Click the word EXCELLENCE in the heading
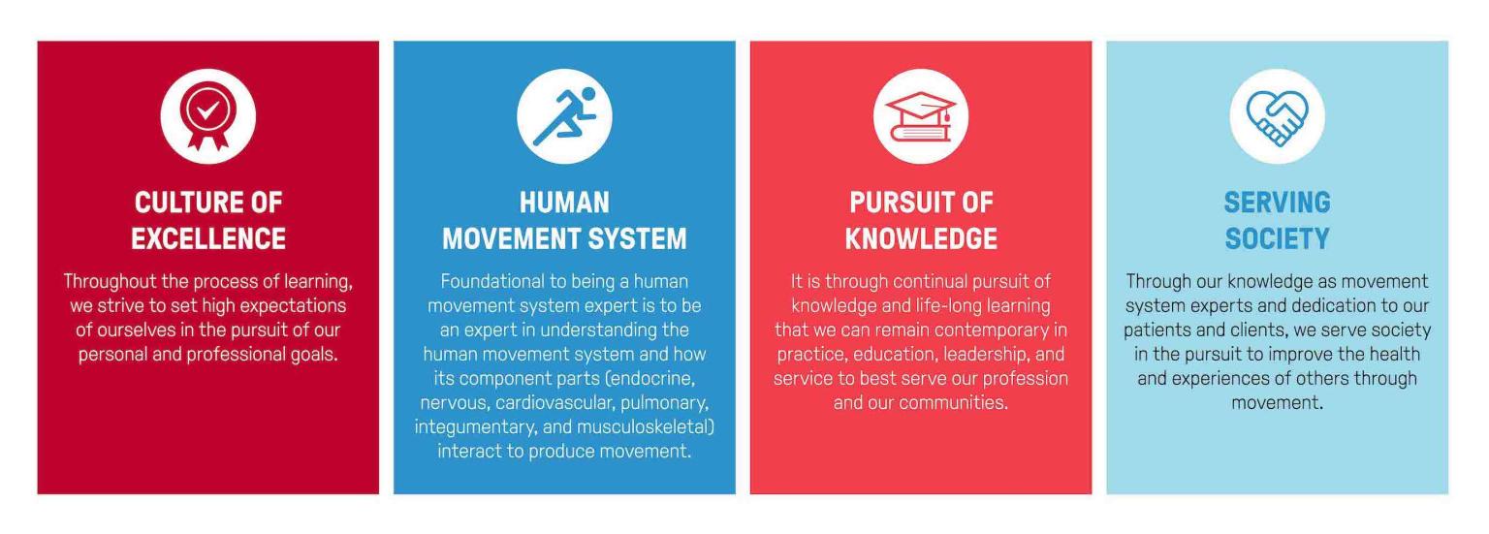pyautogui.click(x=208, y=237)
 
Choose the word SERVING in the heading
pyautogui.click(x=1277, y=203)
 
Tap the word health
pyautogui.click(x=1395, y=354)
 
